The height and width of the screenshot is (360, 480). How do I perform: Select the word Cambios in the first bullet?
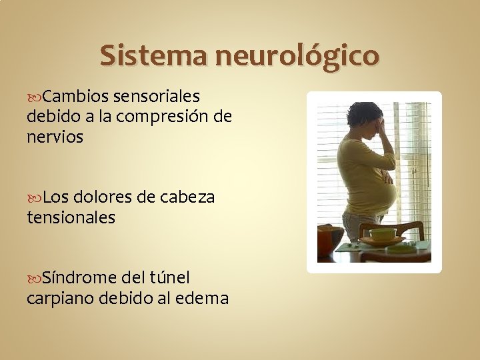point(75,97)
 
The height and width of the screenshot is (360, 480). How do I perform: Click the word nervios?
point(55,137)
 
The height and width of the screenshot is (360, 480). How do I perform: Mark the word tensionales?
point(71,217)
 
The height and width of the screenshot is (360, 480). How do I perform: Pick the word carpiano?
point(60,297)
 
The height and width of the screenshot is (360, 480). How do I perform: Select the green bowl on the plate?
point(383,234)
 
